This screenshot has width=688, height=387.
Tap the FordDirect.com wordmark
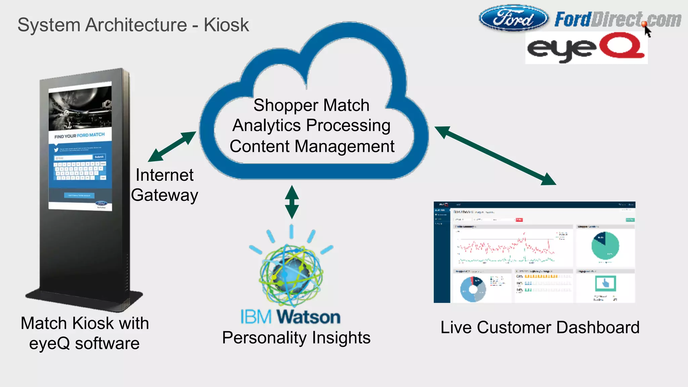(x=617, y=19)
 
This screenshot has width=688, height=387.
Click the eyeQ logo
(x=586, y=48)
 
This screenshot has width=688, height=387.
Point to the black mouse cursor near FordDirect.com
(x=647, y=31)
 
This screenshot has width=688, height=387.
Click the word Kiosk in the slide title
(x=226, y=25)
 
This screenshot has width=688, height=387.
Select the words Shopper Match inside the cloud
(x=311, y=105)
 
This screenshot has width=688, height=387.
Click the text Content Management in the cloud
(x=312, y=146)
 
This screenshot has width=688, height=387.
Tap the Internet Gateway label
(x=164, y=185)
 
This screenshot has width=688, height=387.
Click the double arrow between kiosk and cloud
(x=172, y=146)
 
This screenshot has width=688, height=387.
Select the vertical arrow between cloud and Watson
(x=292, y=202)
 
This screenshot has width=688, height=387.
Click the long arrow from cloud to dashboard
(x=495, y=155)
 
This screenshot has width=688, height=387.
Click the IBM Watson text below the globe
(x=290, y=317)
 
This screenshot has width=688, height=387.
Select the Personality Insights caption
(x=296, y=338)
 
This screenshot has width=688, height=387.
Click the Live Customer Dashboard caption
(x=540, y=327)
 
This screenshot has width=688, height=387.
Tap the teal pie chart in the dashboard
(x=605, y=246)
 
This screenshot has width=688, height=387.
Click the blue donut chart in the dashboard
(x=473, y=289)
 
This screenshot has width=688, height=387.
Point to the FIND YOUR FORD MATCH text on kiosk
(x=80, y=136)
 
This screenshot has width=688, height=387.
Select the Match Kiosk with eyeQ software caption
(x=85, y=333)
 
